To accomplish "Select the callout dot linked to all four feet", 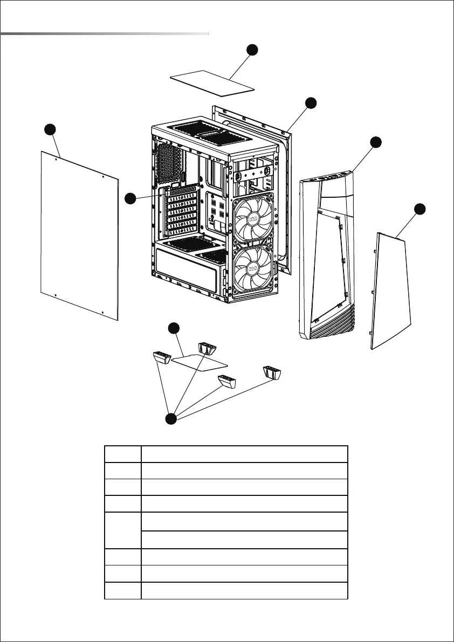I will (171, 419).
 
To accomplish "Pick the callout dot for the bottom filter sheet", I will (173, 328).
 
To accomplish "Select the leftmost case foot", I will (161, 357).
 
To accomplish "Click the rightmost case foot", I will (273, 371).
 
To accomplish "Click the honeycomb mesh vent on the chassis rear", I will (169, 160).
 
